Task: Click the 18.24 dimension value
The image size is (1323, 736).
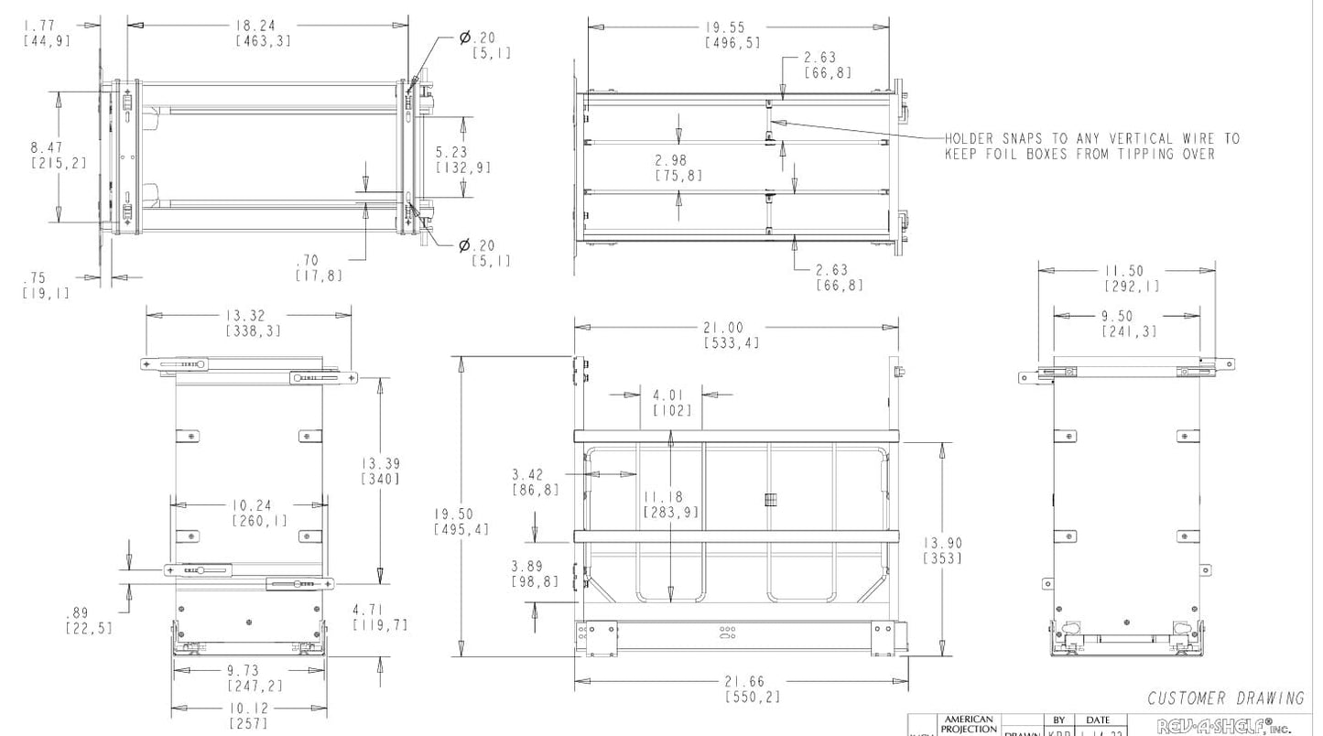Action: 255,26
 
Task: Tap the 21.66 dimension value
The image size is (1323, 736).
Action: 744,682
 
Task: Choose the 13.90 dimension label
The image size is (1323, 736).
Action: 942,544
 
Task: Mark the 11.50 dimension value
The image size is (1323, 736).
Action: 1122,271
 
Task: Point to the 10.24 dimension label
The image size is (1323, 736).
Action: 253,505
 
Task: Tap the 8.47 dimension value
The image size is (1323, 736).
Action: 46,146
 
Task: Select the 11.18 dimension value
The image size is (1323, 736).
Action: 670,496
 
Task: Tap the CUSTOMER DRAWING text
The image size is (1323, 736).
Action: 1226,698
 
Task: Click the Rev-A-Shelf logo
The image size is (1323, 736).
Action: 1224,728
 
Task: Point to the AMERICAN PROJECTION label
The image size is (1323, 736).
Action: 967,724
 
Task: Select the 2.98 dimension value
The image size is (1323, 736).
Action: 678,160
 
